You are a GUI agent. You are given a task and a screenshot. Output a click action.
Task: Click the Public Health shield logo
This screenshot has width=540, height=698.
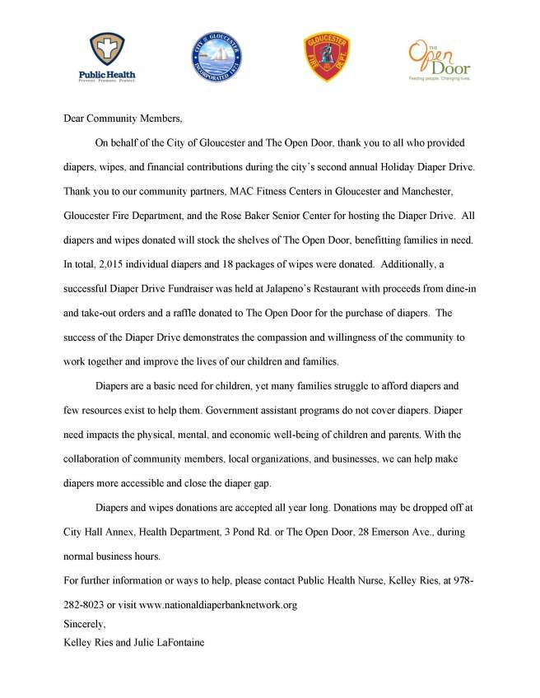click(107, 55)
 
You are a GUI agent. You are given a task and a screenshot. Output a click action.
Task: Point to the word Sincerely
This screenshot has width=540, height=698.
click(84, 624)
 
